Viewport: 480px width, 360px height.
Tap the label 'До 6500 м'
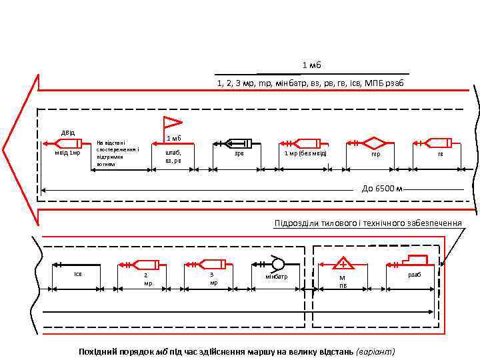click(383, 189)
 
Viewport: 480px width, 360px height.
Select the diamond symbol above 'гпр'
click(375, 143)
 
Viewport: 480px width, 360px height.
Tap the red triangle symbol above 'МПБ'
click(343, 262)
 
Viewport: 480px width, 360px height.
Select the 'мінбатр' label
click(276, 276)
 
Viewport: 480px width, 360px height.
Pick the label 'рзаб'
click(415, 274)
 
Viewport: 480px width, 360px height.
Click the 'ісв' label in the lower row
click(77, 273)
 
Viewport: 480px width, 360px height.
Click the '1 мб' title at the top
click(312, 65)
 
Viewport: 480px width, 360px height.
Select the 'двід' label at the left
click(69, 131)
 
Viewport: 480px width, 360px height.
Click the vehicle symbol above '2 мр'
click(143, 263)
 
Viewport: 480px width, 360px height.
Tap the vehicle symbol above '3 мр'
click(212, 263)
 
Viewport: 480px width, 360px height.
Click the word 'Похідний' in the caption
click(96, 351)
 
